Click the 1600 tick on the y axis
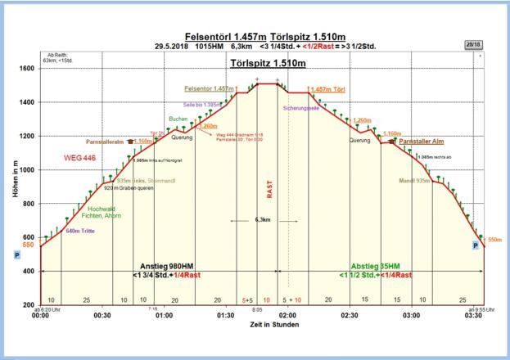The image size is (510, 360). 28,68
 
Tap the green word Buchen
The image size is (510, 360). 178,119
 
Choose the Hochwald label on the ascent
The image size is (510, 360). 104,210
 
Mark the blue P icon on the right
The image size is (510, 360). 475,245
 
